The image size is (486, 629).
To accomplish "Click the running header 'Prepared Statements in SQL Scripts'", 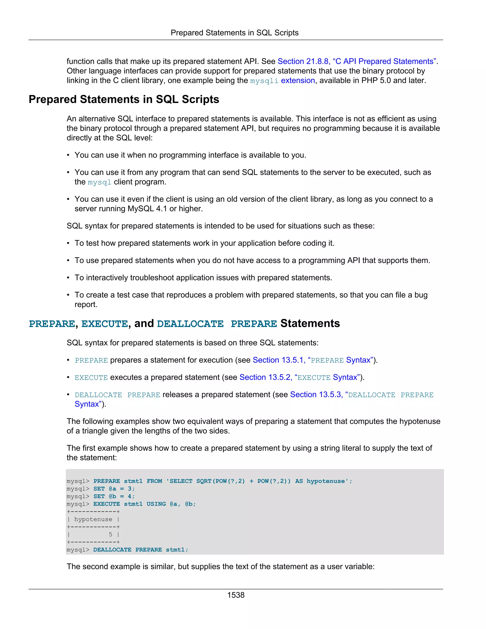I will pyautogui.click(x=234, y=33).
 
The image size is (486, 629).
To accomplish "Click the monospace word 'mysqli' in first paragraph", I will pyautogui.click(x=264, y=81).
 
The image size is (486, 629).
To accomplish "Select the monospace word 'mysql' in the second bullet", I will pyautogui.click(x=99, y=182).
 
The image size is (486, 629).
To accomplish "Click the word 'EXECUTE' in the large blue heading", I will pyautogui.click(x=104, y=324).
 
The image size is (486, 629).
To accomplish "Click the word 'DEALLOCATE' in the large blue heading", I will pyautogui.click(x=190, y=324).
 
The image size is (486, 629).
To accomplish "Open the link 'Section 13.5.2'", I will pyautogui.click(x=265, y=377).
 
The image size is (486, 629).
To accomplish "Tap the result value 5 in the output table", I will pyautogui.click(x=110, y=535).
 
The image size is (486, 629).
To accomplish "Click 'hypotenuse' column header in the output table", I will pyautogui.click(x=93, y=519).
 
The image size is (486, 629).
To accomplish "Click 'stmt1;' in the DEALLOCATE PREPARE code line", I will pyautogui.click(x=177, y=549).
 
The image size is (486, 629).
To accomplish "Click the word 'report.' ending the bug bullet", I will pyautogui.click(x=86, y=305).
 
